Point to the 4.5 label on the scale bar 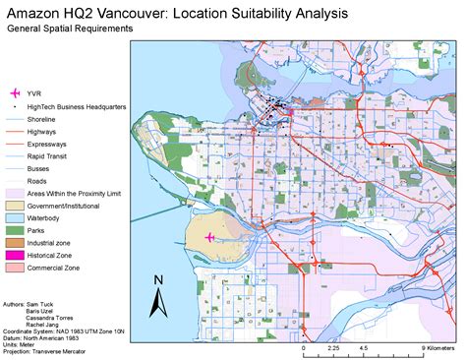tap(366, 348)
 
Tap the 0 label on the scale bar tap(304, 348)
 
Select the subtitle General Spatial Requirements tap(70, 29)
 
